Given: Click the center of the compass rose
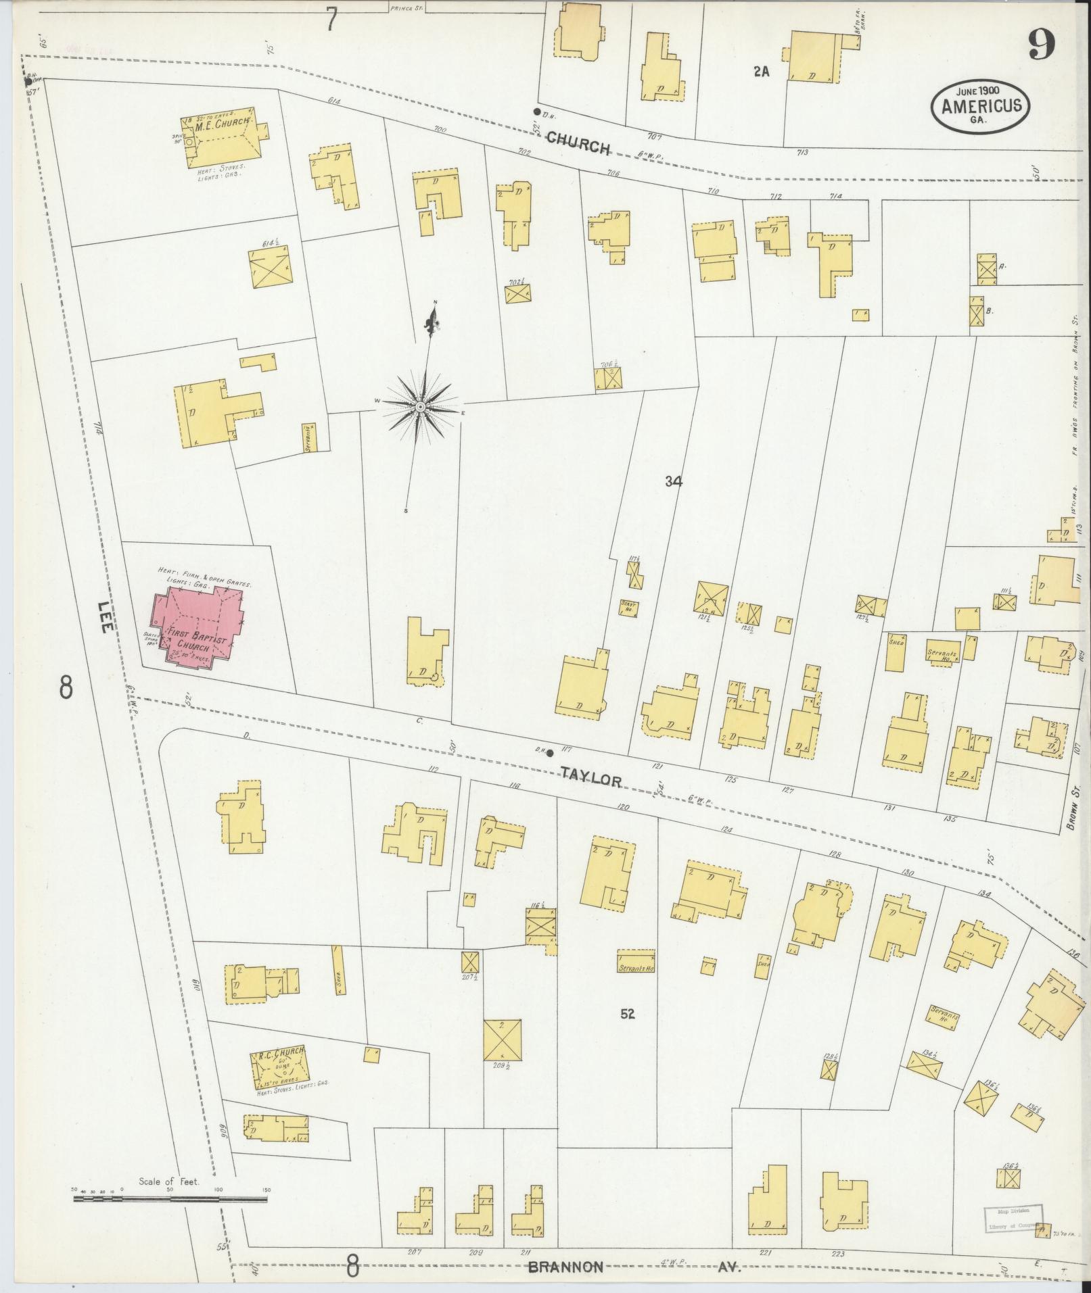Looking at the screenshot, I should coord(420,408).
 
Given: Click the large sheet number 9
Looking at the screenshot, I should coord(1042,46).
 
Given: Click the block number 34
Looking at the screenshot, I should coord(673,482).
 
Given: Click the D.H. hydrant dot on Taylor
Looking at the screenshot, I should coord(550,754).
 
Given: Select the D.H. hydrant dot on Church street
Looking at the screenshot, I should coord(536,112).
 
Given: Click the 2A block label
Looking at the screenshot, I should coord(762,72).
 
